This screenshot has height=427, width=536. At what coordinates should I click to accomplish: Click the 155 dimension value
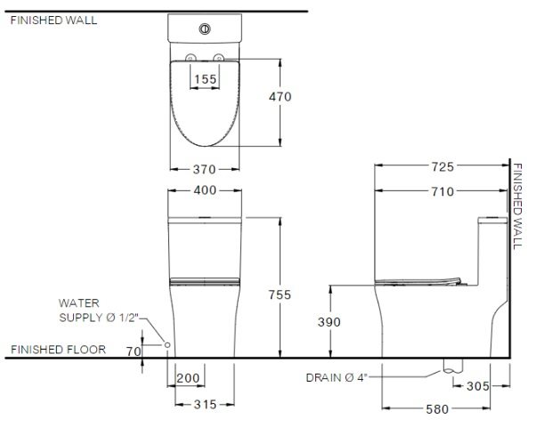205,78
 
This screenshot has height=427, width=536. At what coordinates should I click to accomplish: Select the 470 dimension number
280,96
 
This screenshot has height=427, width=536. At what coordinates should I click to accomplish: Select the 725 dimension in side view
443,166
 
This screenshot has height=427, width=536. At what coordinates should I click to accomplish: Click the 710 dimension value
442,191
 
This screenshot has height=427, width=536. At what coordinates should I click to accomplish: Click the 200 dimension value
189,378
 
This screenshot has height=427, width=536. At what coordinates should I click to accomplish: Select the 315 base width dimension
205,403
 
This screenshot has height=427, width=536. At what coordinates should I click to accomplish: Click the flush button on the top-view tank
205,28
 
